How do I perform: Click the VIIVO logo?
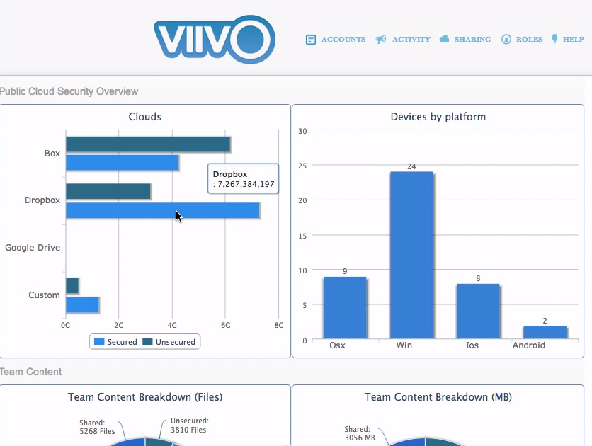[x=213, y=38]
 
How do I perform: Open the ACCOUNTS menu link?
[x=336, y=40]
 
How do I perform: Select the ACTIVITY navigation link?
[x=403, y=40]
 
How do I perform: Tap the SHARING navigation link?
[x=465, y=40]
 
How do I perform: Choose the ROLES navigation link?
[x=522, y=40]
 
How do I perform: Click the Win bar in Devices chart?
[x=411, y=255]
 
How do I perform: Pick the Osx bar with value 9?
[x=345, y=307]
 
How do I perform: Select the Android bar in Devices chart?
[x=545, y=332]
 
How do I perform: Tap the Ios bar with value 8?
[x=478, y=311]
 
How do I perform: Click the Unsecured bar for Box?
[x=148, y=144]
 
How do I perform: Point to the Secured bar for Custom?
[x=82, y=304]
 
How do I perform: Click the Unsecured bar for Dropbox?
[x=108, y=191]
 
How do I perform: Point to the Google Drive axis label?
[x=33, y=248]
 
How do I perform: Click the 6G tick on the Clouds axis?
[x=225, y=325]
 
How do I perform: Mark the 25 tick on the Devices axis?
[x=302, y=166]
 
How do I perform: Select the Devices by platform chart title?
[x=438, y=117]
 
